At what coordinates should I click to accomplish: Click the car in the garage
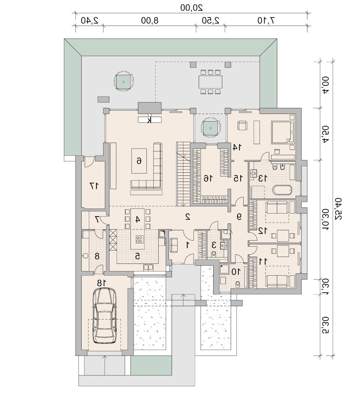(x=105, y=315)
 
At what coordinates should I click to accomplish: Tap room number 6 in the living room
(x=139, y=161)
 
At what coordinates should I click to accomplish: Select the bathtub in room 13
(x=282, y=190)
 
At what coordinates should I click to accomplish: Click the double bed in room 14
(x=283, y=132)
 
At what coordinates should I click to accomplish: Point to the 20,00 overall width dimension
(x=191, y=7)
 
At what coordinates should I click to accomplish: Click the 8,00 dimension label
(x=150, y=21)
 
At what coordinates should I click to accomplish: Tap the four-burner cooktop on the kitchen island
(x=139, y=239)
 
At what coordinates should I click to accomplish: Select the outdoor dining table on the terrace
(x=210, y=82)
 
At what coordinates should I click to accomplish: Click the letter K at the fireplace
(x=149, y=120)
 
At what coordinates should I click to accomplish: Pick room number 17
(x=94, y=186)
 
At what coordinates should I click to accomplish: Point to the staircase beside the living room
(x=183, y=174)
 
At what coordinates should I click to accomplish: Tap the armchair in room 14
(x=243, y=126)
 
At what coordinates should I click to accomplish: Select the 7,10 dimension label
(x=265, y=21)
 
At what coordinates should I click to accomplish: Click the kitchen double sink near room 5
(x=148, y=267)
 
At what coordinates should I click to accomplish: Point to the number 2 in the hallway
(x=188, y=217)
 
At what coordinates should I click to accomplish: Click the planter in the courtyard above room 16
(x=211, y=127)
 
